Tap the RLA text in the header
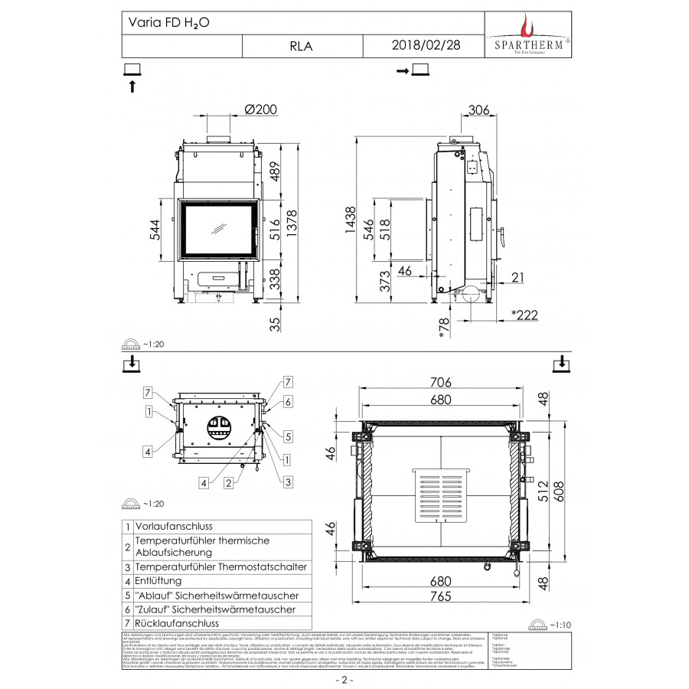[301, 46]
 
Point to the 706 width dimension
[442, 382]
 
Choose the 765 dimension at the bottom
[442, 597]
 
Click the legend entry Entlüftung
[158, 581]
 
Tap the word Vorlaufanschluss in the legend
[173, 527]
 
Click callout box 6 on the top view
[288, 401]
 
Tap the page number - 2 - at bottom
[344, 679]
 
